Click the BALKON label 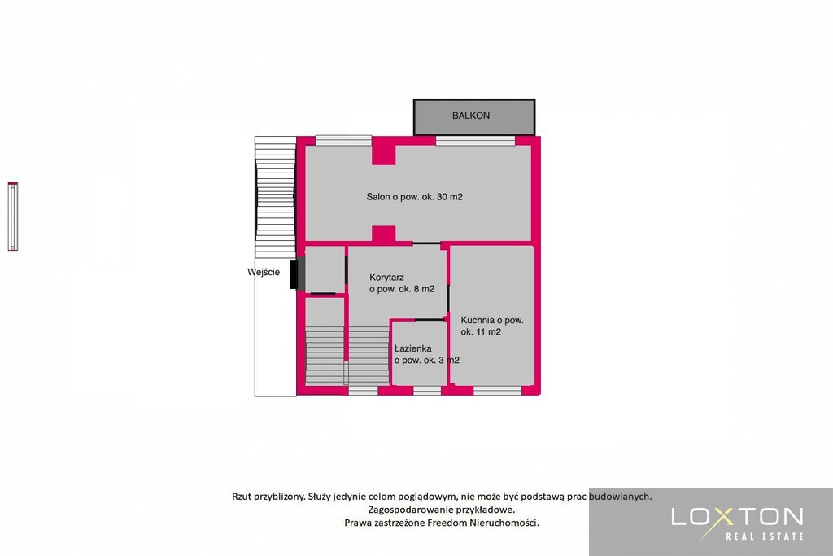(471, 116)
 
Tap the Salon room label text (414, 197)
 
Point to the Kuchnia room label (492, 326)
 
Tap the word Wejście (264, 272)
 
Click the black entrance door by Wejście (294, 275)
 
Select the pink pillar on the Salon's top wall (384, 151)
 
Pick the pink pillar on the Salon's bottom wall (384, 235)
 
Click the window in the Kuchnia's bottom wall (497, 391)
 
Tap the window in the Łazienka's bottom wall (427, 391)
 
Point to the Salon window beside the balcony (475, 141)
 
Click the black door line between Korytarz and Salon (426, 243)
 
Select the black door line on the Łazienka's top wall (430, 319)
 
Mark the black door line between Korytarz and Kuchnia (448, 298)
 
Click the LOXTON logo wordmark (737, 517)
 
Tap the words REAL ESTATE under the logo (765, 536)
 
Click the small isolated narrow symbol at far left (13, 216)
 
